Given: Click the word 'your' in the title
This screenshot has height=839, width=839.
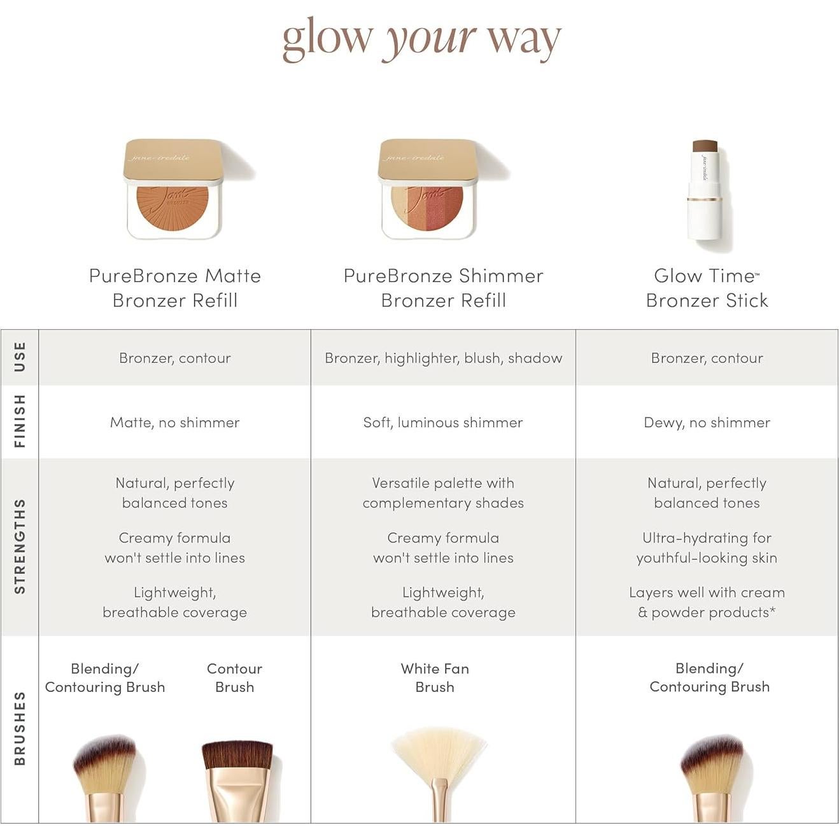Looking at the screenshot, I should (428, 38).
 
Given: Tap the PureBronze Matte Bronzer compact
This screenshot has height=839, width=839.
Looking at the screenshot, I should (173, 189).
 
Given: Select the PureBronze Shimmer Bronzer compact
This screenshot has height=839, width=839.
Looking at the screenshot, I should (428, 189).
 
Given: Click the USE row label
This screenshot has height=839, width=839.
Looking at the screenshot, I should (20, 357).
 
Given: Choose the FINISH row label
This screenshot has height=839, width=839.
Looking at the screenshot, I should (20, 421).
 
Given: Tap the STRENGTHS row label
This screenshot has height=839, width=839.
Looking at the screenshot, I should (20, 546).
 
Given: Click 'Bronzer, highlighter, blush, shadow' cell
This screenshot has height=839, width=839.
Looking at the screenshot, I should (443, 358).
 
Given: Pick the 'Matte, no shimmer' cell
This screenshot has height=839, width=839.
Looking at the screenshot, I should (174, 422).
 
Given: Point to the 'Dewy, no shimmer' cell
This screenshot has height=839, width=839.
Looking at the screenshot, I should (707, 422).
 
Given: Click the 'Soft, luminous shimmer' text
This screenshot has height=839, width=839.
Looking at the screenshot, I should (443, 422).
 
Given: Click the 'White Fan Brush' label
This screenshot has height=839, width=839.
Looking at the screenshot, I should (435, 677).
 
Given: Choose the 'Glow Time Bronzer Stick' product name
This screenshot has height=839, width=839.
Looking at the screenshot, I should (707, 288).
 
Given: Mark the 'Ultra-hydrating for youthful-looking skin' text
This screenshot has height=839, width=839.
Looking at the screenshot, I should (707, 547).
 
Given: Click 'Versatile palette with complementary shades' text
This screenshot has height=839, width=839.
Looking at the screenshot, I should (443, 493).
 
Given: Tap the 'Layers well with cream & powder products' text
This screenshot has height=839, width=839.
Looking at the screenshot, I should (707, 602).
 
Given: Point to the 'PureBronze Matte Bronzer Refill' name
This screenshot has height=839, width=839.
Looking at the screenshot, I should (174, 288).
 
